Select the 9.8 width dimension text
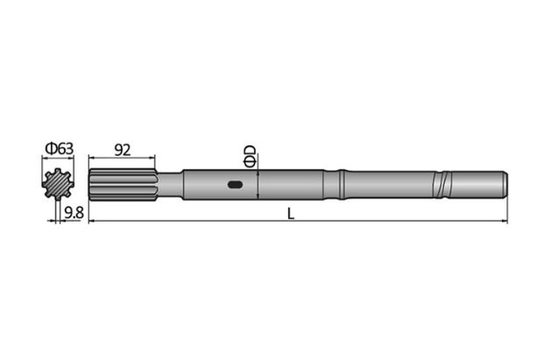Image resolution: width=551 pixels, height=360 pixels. [x=74, y=211]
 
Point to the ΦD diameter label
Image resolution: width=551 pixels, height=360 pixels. [x=250, y=155]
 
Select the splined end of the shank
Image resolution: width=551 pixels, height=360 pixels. [x=123, y=185]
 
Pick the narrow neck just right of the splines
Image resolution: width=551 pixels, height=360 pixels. [x=168, y=185]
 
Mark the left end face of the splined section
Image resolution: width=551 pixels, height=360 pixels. [x=91, y=185]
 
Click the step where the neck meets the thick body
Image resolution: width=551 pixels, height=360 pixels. [x=182, y=185]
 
